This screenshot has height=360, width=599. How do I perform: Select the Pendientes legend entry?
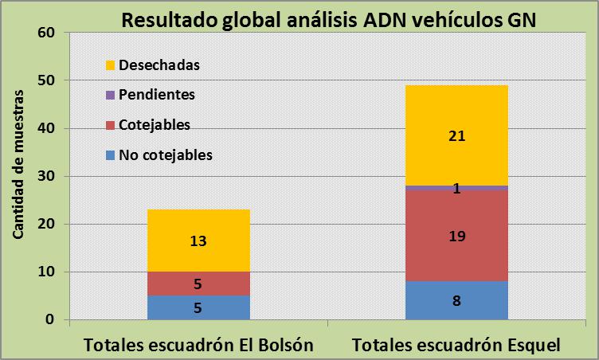pyautogui.click(x=156, y=95)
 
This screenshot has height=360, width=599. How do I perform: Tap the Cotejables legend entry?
pyautogui.click(x=154, y=125)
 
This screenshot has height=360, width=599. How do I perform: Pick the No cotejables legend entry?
pyautogui.click(x=165, y=155)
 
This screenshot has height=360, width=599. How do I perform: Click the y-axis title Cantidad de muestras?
pyautogui.click(x=18, y=175)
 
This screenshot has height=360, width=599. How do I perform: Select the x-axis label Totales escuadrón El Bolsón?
pyautogui.click(x=198, y=346)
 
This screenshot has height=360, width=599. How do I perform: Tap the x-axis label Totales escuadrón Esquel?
pyautogui.click(x=457, y=346)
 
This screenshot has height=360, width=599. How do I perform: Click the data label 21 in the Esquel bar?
pyautogui.click(x=456, y=136)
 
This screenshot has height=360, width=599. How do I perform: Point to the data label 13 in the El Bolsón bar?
pyautogui.click(x=198, y=241)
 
